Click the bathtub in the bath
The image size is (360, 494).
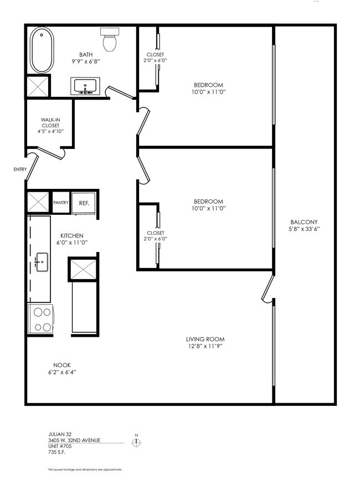40,50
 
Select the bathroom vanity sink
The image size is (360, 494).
85,87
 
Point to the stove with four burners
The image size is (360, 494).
40,318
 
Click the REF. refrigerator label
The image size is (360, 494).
84,203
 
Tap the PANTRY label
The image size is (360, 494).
60,203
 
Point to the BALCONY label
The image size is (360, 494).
305,222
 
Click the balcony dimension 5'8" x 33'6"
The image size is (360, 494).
305,229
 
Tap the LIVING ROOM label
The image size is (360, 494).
204,339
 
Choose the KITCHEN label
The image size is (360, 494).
72,236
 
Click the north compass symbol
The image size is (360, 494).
135,441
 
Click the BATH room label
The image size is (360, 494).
86,54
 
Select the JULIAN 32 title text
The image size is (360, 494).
60,434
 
